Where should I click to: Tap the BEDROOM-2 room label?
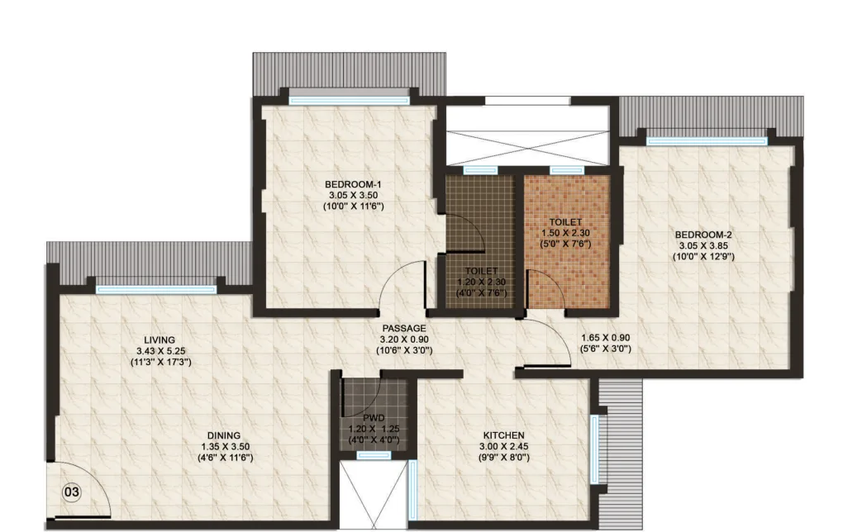coord(702,234)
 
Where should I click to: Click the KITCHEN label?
coord(503,435)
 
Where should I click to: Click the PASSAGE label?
coord(404,328)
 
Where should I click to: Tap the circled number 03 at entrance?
coord(72,492)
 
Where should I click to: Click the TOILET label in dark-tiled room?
coord(480,270)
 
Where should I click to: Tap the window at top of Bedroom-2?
coord(708,140)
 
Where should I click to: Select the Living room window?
coord(156,289)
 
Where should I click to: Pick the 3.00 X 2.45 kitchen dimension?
coord(503,446)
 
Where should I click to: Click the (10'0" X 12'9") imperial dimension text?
coord(702,257)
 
